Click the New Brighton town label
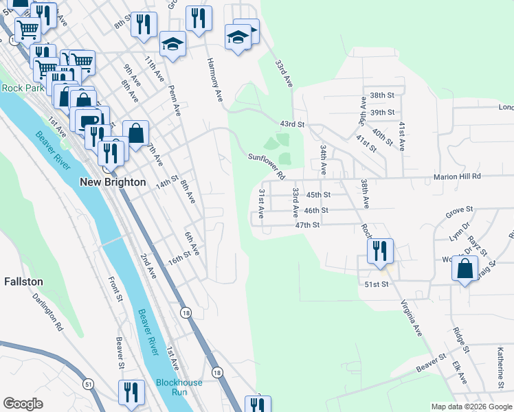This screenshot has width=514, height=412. click(113, 182)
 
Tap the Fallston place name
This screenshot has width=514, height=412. click(23, 282)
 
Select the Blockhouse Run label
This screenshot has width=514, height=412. click(171, 387)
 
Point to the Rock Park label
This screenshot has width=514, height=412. click(23, 88)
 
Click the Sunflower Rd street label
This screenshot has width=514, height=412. click(267, 165)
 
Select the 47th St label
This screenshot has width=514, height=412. click(307, 225)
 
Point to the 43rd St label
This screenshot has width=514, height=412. click(291, 124)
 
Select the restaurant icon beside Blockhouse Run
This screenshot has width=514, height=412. click(131, 392)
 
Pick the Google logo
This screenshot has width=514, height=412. click(23, 404)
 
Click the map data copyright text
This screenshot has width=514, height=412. click(471, 407)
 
